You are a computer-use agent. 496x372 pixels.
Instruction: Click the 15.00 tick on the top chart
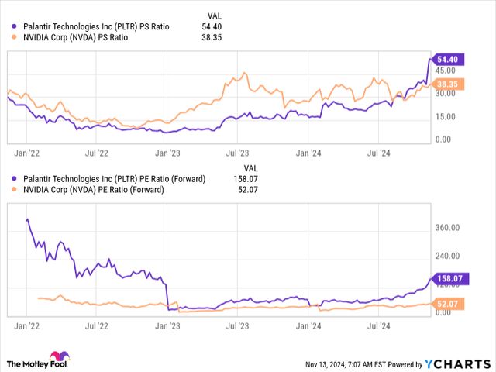tap(446, 117)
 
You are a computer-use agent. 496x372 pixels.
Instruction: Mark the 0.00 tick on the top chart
tap(443, 139)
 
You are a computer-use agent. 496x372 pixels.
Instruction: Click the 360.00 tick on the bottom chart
tap(447, 228)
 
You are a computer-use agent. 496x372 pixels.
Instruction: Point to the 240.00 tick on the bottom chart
tap(447, 256)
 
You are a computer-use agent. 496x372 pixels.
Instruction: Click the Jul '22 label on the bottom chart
tap(96, 328)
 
